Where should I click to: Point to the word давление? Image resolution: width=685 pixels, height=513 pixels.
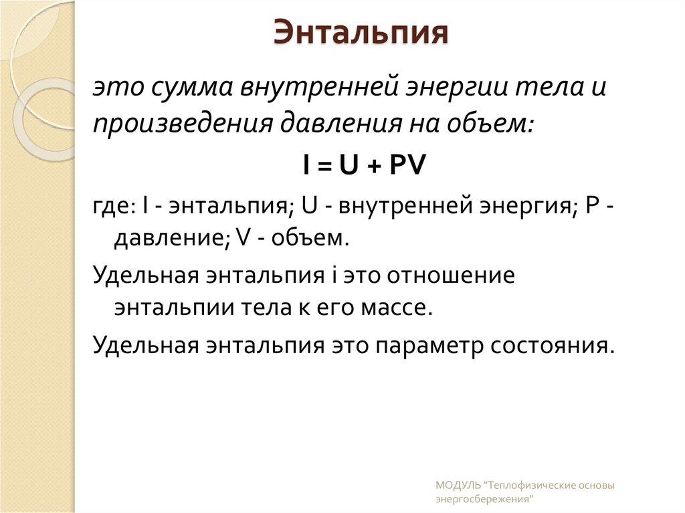coord(170,238)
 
